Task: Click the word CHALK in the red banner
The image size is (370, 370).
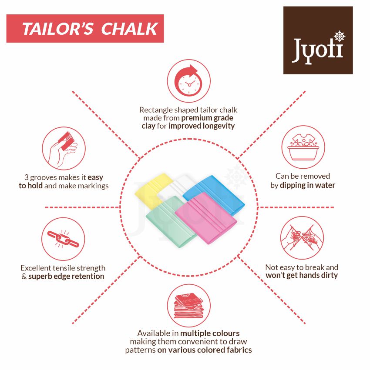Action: [129, 29]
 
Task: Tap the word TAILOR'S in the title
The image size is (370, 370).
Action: [58, 29]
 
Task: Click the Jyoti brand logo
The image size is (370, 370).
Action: [318, 40]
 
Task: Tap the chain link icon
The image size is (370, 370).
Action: [63, 239]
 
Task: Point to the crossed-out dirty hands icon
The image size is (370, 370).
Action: [302, 238]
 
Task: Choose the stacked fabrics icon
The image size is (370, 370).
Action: [189, 306]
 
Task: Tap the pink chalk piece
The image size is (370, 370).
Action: [206, 217]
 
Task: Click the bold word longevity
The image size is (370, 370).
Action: [219, 126]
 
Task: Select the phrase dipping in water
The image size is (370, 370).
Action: [307, 186]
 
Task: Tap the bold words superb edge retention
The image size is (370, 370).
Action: [66, 277]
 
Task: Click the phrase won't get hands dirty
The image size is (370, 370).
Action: [302, 275]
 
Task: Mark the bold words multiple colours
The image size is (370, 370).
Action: [210, 333]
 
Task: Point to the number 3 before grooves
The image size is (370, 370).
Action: [26, 177]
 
